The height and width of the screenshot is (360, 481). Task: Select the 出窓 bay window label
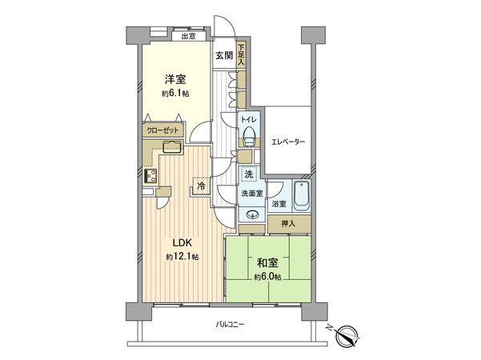[189, 35]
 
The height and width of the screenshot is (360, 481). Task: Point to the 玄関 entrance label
[224, 55]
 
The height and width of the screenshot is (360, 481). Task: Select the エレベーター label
[289, 142]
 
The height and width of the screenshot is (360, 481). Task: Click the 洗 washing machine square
[250, 175]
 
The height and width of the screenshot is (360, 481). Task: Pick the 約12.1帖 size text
[182, 257]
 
